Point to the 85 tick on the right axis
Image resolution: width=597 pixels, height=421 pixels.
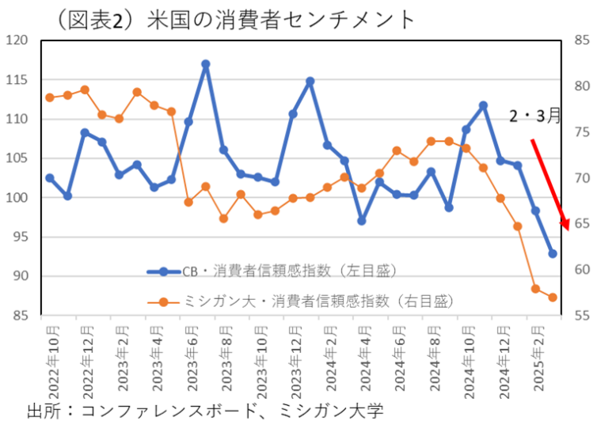point(580,41)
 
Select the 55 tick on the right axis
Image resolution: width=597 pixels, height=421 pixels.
point(580,316)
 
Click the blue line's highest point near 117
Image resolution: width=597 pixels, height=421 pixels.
point(206,64)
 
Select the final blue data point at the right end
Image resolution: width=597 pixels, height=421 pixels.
point(553,254)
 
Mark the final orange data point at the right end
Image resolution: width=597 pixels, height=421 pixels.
point(553,298)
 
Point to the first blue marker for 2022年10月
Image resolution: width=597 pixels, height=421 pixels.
point(50,178)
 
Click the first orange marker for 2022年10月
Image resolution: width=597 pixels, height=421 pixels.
point(50,97)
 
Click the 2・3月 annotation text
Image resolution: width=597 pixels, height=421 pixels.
point(535,116)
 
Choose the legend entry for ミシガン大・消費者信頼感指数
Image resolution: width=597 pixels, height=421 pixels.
point(301,301)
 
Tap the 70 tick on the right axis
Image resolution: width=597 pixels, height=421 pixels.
point(580,178)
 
